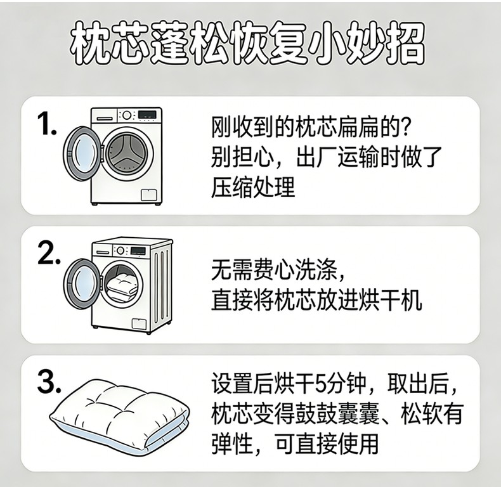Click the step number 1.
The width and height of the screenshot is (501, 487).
pos(47,124)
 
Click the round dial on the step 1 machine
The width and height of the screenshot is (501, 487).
pos(127,115)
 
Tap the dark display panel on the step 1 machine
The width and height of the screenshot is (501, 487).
pos(147,114)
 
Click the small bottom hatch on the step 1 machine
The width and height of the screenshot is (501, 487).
pos(149,195)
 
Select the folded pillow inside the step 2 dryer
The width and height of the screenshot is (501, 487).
pos(122,285)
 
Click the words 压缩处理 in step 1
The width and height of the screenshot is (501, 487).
pos(253,187)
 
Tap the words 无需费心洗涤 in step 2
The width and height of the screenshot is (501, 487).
pos(274,271)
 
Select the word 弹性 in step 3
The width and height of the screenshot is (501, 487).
pos(231,443)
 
